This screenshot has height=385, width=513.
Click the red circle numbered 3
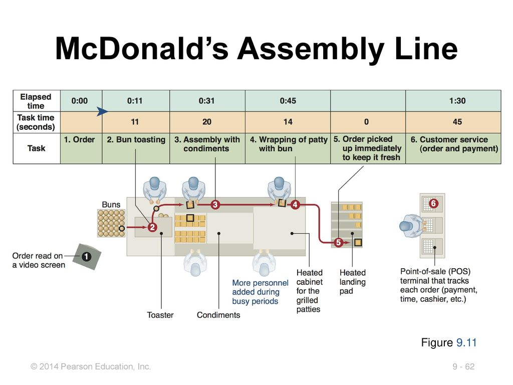click(215, 205)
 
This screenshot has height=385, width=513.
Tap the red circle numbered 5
click(338, 243)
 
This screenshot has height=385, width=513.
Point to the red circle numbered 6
click(433, 204)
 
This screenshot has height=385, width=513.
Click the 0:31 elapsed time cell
click(207, 101)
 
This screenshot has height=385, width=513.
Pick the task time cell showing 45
click(457, 122)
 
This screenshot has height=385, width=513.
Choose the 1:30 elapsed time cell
click(457, 101)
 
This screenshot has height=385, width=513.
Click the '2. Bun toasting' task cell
click(136, 140)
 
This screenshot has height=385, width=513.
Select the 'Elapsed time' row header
click(36, 101)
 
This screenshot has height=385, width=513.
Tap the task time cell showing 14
click(288, 122)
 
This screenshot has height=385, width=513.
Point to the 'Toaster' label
click(160, 315)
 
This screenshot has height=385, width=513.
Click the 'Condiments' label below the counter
click(218, 315)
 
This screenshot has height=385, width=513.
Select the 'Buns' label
click(111, 205)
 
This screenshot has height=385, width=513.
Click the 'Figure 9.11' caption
click(449, 343)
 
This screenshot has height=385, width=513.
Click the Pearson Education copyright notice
click(91, 367)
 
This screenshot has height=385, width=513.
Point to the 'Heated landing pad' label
click(353, 282)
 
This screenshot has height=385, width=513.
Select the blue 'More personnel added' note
click(260, 292)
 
